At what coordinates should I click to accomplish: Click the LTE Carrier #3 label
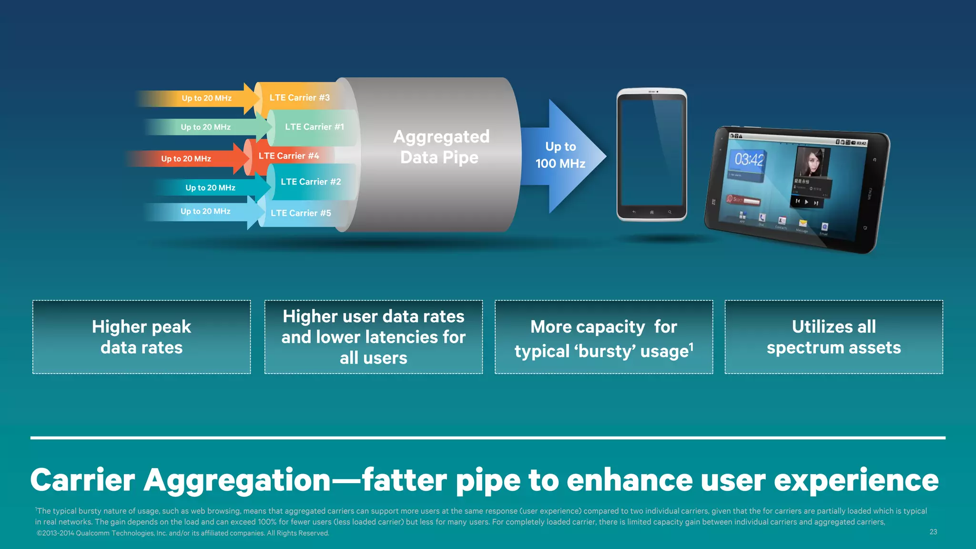299,98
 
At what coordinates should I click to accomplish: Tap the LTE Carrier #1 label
314,127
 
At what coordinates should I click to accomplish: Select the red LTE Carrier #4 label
289,156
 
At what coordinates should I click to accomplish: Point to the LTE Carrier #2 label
311,182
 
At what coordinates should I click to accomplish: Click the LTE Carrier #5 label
301,213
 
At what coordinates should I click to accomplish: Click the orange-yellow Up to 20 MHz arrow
206,98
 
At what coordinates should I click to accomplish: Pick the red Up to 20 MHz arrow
186,159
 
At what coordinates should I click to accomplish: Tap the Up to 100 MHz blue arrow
560,155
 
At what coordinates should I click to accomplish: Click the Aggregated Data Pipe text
440,147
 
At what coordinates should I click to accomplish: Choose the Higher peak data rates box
142,337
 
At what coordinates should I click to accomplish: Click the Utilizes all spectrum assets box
834,337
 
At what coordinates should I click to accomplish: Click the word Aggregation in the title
237,480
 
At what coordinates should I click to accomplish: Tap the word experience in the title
856,480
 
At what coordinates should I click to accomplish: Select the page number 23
933,532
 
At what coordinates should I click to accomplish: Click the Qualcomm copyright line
183,533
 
